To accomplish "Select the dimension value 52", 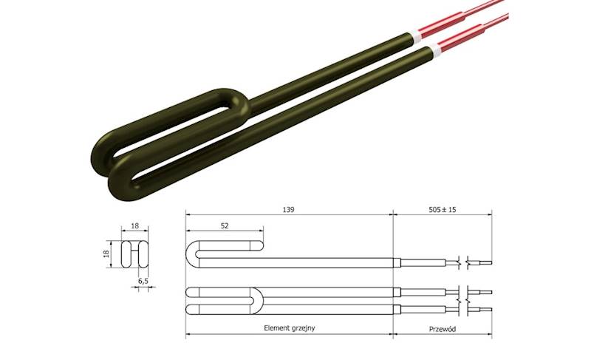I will (x=225, y=225).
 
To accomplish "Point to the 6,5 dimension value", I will (x=143, y=282).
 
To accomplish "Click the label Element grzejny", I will (x=289, y=327).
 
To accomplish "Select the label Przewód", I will (x=442, y=327).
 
